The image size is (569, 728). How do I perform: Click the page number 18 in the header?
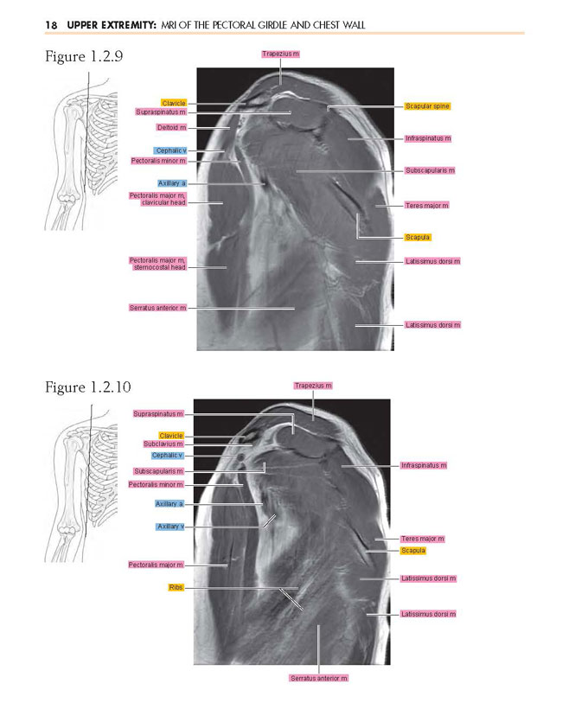click(x=51, y=24)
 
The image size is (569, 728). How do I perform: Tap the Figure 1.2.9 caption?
click(x=84, y=57)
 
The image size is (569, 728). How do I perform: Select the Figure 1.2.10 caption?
click(x=88, y=387)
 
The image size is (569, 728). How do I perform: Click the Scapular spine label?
click(x=427, y=106)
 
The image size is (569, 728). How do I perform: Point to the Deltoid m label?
click(x=171, y=128)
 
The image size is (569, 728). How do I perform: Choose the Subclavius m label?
click(x=163, y=444)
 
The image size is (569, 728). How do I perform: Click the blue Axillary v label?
click(x=170, y=527)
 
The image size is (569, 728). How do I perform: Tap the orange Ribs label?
click(x=176, y=588)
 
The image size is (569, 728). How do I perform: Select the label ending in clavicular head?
click(x=158, y=199)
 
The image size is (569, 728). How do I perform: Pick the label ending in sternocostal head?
click(x=158, y=264)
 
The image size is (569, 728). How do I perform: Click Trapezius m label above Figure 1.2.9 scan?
click(x=280, y=54)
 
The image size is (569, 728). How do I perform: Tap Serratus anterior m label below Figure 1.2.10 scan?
click(x=318, y=679)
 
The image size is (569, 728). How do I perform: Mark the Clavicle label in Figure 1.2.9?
click(x=174, y=103)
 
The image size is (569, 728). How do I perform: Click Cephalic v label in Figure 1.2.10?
click(x=167, y=456)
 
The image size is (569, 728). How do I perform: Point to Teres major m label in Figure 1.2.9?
click(x=427, y=205)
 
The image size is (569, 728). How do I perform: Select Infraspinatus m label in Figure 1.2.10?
click(x=424, y=465)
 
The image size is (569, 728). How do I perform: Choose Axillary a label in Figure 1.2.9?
click(x=172, y=183)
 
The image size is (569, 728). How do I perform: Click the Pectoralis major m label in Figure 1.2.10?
click(x=156, y=565)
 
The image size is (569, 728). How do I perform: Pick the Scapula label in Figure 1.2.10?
click(x=413, y=551)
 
